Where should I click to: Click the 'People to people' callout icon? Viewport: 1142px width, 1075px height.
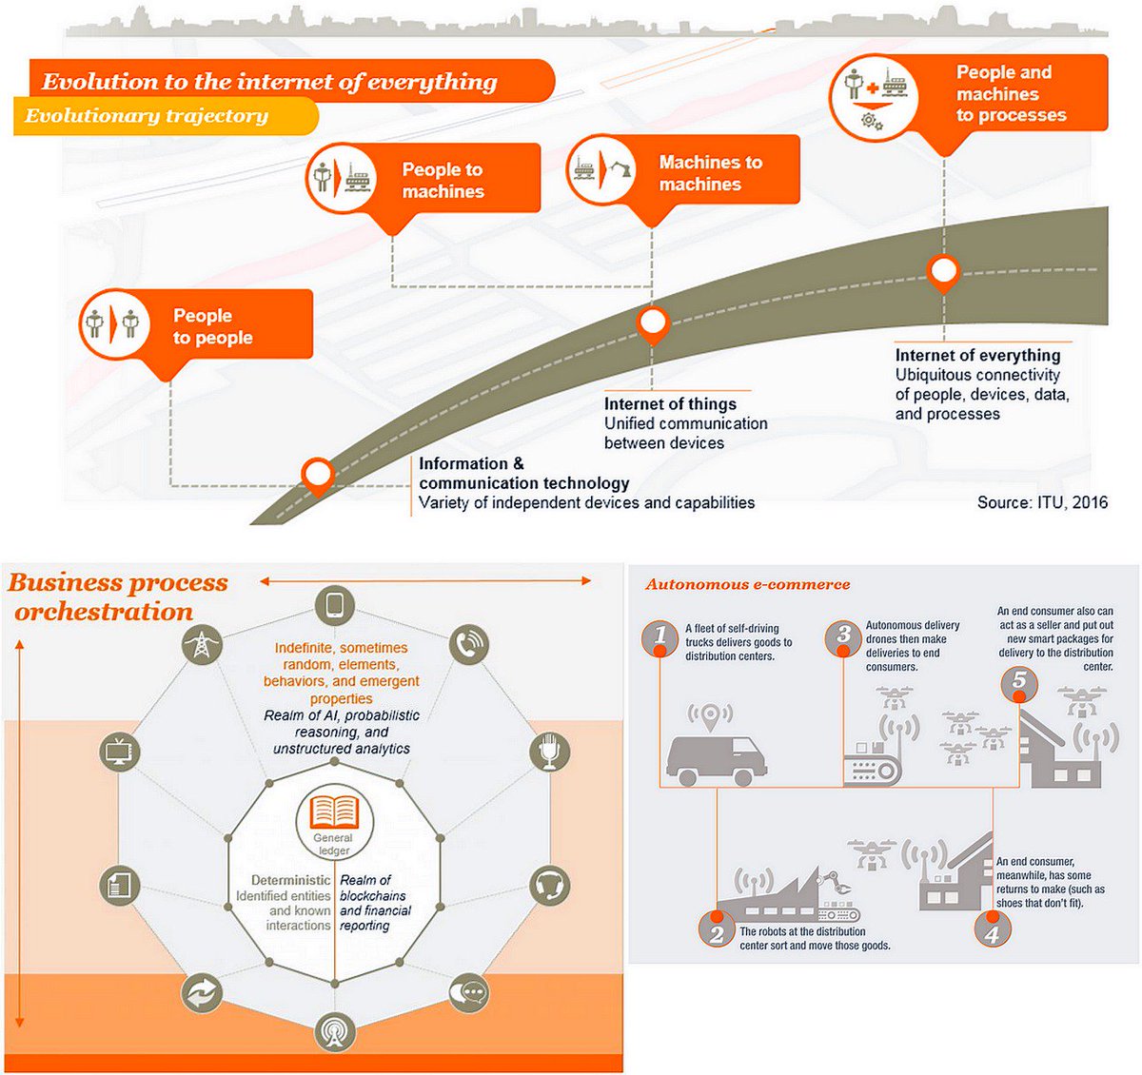coord(112,324)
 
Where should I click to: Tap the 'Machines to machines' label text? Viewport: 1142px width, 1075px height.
coord(710,173)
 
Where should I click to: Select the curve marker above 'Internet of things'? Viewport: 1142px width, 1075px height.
coord(652,323)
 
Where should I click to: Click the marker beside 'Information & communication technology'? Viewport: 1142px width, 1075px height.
coord(317,472)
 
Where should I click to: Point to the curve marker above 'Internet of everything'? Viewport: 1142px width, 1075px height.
coord(943,271)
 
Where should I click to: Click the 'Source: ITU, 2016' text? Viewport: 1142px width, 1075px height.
coord(1042,502)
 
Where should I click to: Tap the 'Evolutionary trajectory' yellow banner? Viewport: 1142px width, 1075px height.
coord(148,116)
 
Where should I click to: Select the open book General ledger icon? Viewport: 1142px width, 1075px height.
coord(334,812)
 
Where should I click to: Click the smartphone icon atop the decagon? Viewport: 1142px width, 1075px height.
coord(334,605)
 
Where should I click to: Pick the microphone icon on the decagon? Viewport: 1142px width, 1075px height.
coord(549,752)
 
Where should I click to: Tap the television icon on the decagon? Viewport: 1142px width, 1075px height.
coord(120,752)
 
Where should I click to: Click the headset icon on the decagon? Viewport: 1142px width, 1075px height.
coord(549,886)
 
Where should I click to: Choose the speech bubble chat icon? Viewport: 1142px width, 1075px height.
coord(466,993)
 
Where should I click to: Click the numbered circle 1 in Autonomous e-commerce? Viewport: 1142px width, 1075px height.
coord(660,638)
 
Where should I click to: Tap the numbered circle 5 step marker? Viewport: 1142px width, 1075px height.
coord(1019,682)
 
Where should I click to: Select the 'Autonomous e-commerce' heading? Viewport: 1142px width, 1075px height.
coord(748,585)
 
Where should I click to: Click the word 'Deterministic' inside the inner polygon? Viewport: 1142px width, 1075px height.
coord(291,880)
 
